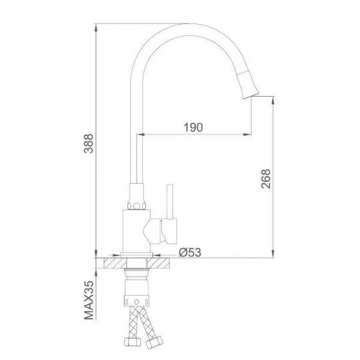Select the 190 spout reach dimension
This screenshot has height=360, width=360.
click(194, 127)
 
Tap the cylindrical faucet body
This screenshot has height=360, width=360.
click(136, 230)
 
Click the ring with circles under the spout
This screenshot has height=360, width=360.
click(137, 203)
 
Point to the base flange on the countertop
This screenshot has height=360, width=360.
click(137, 255)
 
